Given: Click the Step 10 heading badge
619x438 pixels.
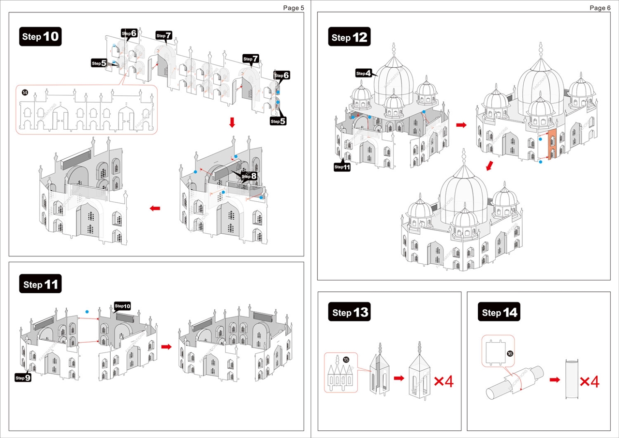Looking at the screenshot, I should click(41, 36).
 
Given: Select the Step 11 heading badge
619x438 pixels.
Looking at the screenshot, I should click(41, 285).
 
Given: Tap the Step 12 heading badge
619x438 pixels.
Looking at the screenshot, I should click(350, 37).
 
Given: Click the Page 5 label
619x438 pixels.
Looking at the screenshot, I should click(294, 8).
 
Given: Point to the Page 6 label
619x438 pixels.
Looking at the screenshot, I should click(600, 8).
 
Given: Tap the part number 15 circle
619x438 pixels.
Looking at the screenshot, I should click(346, 360).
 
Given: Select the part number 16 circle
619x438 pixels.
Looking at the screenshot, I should click(510, 354).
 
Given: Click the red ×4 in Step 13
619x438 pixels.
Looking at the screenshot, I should click(443, 381).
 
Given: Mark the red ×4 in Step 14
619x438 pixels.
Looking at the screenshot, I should click(589, 381).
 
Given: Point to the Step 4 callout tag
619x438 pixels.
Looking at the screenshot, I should click(364, 74).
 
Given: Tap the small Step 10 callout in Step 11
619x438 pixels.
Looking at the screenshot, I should click(122, 306).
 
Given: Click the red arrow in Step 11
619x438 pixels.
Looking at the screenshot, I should click(166, 347).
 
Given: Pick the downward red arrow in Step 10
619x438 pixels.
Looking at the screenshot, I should click(232, 122).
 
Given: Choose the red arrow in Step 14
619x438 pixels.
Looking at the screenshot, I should click(555, 379).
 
